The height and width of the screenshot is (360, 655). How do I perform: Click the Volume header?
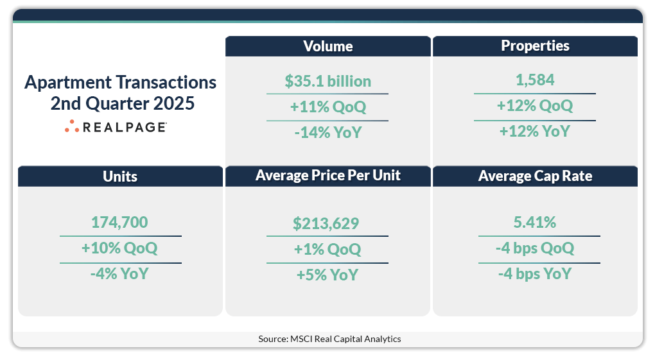(327, 46)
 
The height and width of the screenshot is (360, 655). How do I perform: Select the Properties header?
(535, 46)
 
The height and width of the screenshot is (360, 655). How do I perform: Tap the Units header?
(120, 176)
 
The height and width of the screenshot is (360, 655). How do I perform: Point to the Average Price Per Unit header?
(327, 176)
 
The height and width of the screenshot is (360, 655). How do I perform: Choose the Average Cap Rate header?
(535, 176)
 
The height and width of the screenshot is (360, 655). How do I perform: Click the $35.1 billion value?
(327, 81)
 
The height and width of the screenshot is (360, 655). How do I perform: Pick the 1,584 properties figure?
(535, 81)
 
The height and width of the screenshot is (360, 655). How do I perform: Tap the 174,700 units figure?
(120, 223)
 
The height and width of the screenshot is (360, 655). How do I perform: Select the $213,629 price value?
(327, 224)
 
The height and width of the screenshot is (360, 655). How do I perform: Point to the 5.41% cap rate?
(535, 223)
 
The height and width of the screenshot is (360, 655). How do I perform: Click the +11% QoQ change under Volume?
(327, 107)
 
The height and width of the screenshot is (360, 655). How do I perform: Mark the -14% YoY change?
(327, 132)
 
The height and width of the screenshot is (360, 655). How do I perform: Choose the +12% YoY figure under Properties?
(535, 131)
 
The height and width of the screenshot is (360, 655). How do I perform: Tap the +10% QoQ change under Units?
(120, 248)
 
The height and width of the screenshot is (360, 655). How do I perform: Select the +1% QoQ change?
(327, 249)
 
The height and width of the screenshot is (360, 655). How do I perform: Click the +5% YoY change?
(327, 275)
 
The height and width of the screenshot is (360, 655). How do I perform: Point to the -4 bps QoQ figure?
(535, 248)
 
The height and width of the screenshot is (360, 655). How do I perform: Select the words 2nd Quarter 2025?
(120, 103)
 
